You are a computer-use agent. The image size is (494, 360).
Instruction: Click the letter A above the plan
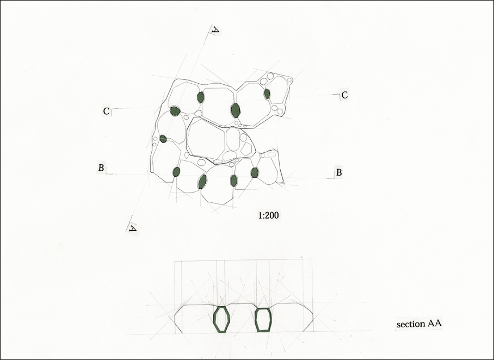coord(216,30)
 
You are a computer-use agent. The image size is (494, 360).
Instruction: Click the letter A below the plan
coord(133,228)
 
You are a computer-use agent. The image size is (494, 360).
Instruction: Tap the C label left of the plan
coord(106,111)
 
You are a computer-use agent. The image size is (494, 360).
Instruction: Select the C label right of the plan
coord(345,95)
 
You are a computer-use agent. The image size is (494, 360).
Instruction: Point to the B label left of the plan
coord(101,168)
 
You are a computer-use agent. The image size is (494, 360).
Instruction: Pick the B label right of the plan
coord(339,172)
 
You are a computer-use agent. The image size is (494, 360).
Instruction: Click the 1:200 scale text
coord(268,215)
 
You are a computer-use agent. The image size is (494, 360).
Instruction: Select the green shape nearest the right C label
coord(267,94)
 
